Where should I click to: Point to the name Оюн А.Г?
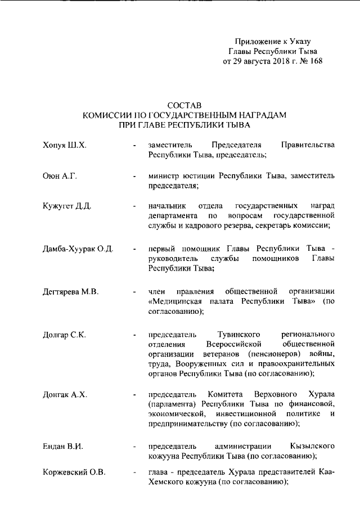pos(60,176)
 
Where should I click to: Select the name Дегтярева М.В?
pos(71,291)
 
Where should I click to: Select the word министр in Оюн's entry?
pos(164,176)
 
